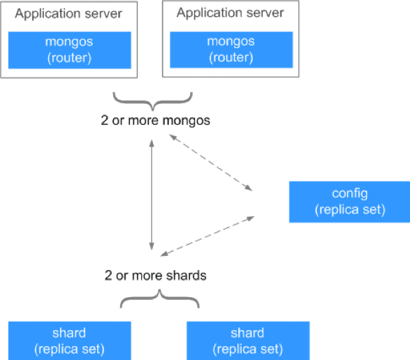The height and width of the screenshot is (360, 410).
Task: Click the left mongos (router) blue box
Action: point(70,50)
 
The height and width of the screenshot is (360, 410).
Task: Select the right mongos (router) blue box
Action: point(231,50)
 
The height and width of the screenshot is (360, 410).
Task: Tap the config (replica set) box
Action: point(350,202)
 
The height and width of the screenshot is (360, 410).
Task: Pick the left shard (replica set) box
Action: point(70,340)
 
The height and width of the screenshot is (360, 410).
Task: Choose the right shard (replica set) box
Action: point(248,340)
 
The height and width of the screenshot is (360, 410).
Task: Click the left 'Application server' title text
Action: point(68,13)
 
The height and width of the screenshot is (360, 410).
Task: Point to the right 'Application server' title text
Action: point(230,13)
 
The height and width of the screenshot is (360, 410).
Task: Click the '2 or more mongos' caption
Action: point(155,121)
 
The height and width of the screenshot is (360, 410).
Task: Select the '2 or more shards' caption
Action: point(155,276)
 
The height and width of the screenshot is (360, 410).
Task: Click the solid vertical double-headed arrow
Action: point(152,195)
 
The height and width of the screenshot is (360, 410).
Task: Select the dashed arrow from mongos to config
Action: point(211,163)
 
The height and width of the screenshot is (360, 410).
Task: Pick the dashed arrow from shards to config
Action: point(207,237)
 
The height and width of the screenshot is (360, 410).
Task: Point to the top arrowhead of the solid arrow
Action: point(152,143)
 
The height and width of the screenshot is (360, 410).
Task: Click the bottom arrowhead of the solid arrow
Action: point(152,246)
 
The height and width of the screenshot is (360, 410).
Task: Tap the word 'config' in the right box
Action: point(350,194)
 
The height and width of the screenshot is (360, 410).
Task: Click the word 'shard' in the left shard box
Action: point(69,333)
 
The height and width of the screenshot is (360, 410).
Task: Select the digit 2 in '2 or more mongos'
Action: point(104,121)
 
